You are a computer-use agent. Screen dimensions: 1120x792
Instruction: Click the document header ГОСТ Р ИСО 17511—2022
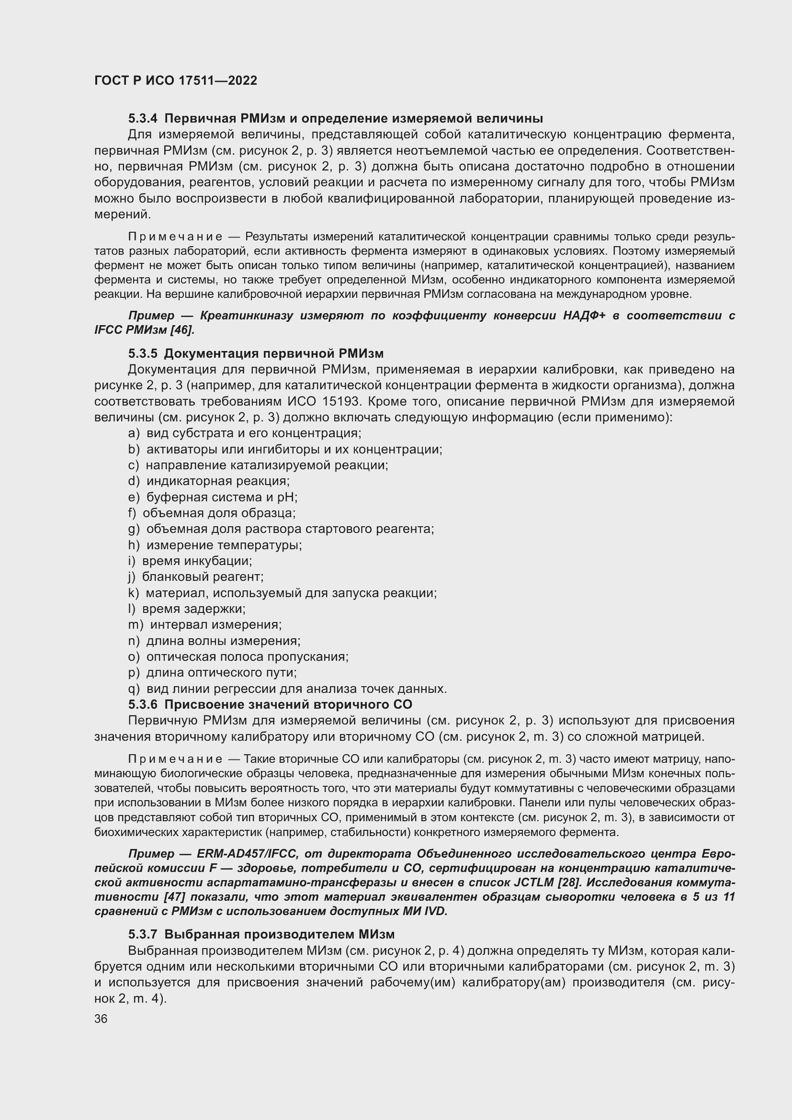[x=176, y=80]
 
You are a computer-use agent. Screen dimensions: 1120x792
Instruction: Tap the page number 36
[x=101, y=1019]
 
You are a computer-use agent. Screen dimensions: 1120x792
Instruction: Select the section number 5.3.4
[x=143, y=119]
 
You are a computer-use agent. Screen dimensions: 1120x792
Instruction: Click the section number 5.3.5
[x=143, y=353]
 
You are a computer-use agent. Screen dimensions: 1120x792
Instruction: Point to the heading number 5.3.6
[x=143, y=704]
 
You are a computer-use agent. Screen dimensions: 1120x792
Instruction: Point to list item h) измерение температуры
[x=215, y=545]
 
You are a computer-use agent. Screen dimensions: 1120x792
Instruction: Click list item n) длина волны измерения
[x=214, y=641]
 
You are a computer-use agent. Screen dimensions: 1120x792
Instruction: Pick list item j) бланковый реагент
[x=195, y=577]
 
